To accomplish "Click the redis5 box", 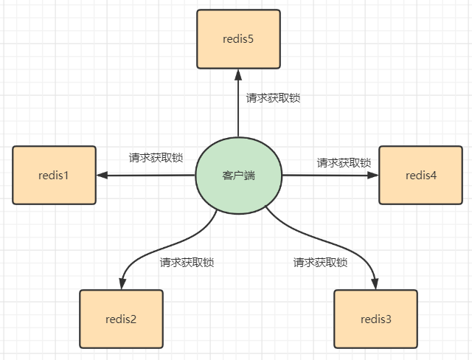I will point(238,38).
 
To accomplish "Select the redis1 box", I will point(54,175).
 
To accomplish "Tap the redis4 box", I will point(420,175).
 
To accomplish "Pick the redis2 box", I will point(121,319).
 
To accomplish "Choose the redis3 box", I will point(375,319).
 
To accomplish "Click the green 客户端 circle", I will point(238,176).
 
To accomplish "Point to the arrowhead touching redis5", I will point(238,74).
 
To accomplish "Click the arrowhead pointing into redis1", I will point(103,176).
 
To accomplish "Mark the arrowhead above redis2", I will point(121,283).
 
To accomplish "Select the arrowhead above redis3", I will point(375,283).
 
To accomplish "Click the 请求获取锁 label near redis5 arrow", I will point(273,97).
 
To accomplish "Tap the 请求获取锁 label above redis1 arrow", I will point(156,157).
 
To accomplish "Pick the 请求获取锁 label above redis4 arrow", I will point(344,162).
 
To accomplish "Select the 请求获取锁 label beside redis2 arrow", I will point(187,262).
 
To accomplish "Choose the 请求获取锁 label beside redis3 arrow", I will point(320,262).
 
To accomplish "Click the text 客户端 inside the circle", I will point(238,176).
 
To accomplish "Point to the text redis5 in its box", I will point(238,38).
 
